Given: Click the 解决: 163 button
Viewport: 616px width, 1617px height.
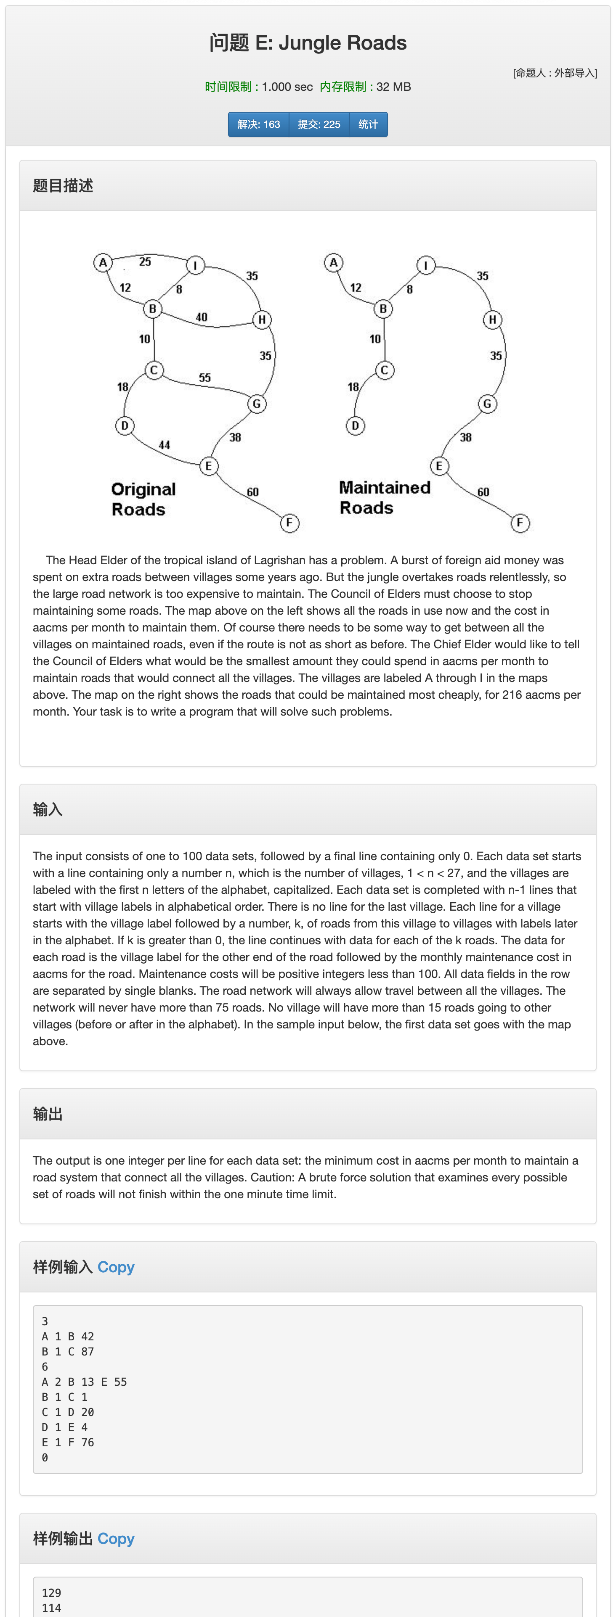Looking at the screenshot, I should pos(258,124).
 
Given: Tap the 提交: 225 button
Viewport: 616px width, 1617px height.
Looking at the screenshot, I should pos(319,124).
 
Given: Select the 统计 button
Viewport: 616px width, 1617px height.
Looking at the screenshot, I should pos(368,124).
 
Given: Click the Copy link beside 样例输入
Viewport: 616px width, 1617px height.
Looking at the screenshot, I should pos(116,1267).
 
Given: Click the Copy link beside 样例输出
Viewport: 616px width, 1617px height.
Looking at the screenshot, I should pos(116,1538).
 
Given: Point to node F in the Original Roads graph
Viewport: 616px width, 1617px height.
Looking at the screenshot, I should pos(289,523).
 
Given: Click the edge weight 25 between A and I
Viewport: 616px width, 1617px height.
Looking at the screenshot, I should pos(145,262).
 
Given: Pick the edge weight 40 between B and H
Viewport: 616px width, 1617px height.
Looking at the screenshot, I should pos(202,317).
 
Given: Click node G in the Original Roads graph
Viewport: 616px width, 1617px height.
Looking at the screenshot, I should pos(256,404).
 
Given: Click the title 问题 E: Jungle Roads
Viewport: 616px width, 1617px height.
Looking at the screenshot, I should pos(308,43).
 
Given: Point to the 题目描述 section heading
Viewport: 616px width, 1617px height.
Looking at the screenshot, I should pos(63,186).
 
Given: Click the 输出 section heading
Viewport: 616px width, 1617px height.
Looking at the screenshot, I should pos(48,1114).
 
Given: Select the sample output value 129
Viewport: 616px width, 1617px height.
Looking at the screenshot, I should pos(51,1593).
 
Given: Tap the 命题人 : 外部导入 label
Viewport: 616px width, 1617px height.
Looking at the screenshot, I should pos(555,73).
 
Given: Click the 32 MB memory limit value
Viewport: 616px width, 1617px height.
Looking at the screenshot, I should pos(394,87).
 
